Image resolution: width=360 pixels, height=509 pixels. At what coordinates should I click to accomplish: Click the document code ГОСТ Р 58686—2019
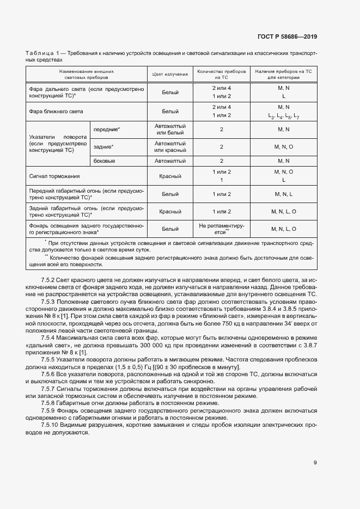[286, 37]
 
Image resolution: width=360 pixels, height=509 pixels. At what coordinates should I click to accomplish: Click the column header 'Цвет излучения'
[170, 74]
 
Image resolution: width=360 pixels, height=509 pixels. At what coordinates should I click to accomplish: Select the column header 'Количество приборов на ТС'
[221, 74]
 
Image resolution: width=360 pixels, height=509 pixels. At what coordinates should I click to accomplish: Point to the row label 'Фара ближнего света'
[56, 111]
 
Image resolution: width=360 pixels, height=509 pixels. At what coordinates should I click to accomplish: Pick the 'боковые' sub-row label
[104, 161]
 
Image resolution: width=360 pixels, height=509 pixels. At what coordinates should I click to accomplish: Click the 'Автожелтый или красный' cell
[170, 146]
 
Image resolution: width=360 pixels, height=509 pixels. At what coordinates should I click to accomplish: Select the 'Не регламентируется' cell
[221, 229]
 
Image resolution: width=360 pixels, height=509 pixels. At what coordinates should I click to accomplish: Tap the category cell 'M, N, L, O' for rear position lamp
[283, 211]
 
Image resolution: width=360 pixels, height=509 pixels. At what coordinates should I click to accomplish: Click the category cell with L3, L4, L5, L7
[283, 116]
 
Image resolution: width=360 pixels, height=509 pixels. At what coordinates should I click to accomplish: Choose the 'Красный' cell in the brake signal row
[170, 176]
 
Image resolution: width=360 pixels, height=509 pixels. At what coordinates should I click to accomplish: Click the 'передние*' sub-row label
[107, 130]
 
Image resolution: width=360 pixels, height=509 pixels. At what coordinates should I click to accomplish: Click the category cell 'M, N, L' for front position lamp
[283, 194]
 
